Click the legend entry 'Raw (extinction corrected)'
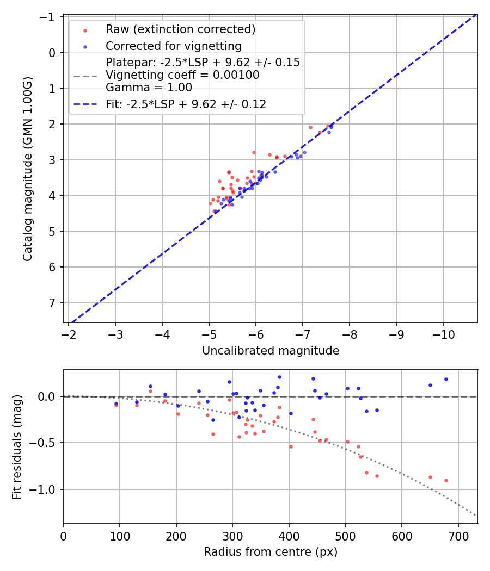[x=180, y=29]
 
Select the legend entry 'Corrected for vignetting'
[x=173, y=46]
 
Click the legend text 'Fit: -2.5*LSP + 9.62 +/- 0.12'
[x=186, y=104]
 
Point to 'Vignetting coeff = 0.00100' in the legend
[x=182, y=75]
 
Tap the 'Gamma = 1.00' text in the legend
[x=149, y=87]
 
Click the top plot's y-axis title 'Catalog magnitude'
[x=28, y=169]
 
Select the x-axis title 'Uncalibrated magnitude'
[x=271, y=351]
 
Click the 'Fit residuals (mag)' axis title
[x=17, y=447]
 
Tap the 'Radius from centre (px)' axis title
[x=271, y=552]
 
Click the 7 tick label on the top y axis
[x=53, y=303]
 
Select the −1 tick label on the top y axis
[x=50, y=17]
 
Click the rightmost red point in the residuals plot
[x=446, y=480]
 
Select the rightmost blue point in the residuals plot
[x=446, y=379]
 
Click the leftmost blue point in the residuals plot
[x=116, y=404]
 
